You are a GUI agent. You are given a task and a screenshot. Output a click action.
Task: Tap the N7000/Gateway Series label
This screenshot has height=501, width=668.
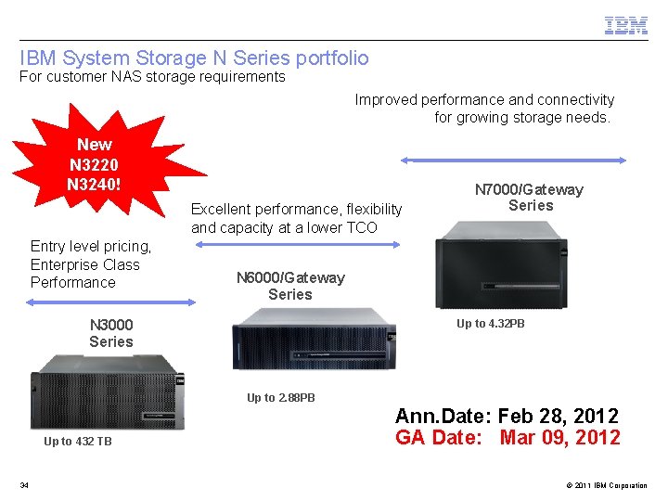pos(529,198)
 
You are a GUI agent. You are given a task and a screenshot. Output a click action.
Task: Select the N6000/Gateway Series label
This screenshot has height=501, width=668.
pos(290,286)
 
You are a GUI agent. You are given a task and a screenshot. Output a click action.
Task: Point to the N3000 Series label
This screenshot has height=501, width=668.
pos(111,333)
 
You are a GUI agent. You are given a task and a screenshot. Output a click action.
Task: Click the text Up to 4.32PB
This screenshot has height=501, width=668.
pos(490,324)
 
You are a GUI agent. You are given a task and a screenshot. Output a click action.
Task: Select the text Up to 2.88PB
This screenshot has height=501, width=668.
pos(280,398)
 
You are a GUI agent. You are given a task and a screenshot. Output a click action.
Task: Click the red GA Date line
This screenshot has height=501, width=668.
pos(507,437)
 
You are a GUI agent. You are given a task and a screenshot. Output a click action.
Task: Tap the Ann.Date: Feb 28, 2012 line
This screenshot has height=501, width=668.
pos(507,416)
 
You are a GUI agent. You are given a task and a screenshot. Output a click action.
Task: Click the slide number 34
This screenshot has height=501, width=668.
pos(24,485)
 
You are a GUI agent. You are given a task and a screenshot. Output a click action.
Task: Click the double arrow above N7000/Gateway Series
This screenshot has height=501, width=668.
pos(513,160)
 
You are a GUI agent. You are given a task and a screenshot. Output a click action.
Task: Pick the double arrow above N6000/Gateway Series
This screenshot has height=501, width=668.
pos(297,245)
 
